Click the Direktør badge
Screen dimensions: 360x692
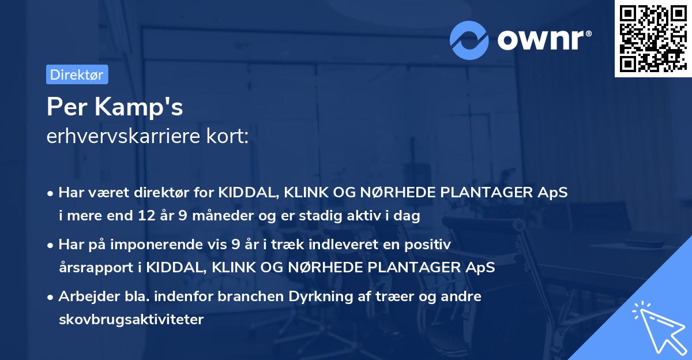coord(77,74)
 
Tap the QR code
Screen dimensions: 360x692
coord(650,38)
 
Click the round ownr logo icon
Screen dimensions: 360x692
coord(469,40)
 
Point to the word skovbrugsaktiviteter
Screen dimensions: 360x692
coord(131,320)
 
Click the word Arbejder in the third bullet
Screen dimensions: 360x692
coord(84,297)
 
